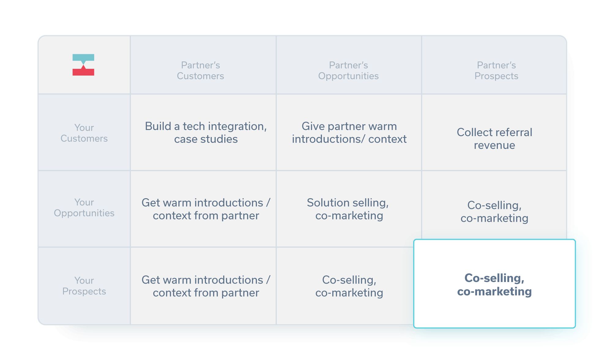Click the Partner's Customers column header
[200, 70]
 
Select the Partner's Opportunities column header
[349, 70]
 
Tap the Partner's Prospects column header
[496, 70]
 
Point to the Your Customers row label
[84, 133]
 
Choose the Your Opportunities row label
[84, 207]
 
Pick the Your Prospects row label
[84, 286]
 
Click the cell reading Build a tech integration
[206, 132]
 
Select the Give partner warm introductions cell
[349, 132]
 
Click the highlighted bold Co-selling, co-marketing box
[494, 284]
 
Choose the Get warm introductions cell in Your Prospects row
[206, 286]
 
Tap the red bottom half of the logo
[83, 71]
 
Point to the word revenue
[494, 145]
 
